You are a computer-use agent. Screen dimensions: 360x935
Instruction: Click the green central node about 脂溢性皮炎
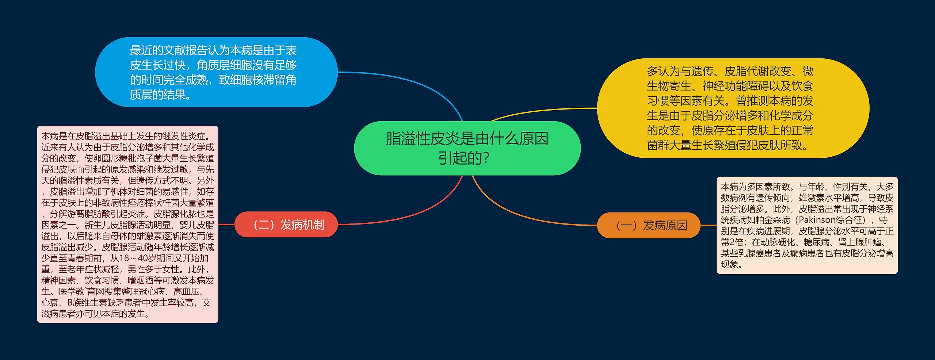click(x=467, y=148)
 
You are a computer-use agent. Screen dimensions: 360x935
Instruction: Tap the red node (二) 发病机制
click(x=286, y=225)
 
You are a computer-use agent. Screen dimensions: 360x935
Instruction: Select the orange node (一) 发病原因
click(x=649, y=225)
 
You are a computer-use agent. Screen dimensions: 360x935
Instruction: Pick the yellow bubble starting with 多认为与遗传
click(x=733, y=108)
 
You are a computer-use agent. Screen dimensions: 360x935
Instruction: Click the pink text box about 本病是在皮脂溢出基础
click(x=127, y=225)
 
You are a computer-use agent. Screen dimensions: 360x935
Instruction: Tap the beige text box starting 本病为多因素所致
click(x=807, y=225)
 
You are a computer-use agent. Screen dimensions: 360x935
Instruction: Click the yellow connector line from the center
click(x=541, y=111)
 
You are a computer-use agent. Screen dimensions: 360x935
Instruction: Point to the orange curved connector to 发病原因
click(x=519, y=215)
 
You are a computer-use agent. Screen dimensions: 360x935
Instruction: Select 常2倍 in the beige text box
click(x=732, y=242)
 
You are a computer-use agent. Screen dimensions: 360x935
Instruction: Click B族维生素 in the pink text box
click(x=89, y=303)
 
